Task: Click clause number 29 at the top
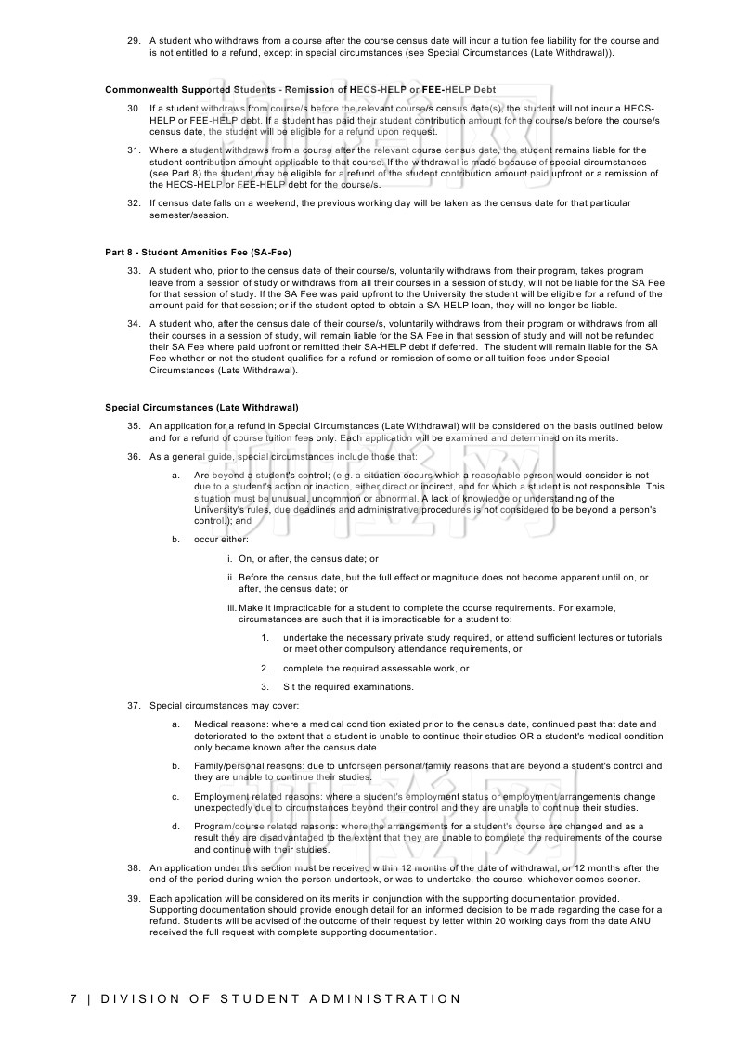[x=133, y=40]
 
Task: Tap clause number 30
[x=133, y=109]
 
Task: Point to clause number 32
[x=133, y=202]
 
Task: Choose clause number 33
[x=133, y=270]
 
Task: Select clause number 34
[x=133, y=323]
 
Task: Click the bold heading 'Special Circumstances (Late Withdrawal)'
[x=201, y=407]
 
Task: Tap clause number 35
[x=133, y=425]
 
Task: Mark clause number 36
[x=133, y=457]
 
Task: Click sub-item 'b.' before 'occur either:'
[x=175, y=539]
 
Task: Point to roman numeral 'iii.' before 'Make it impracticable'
[x=232, y=607]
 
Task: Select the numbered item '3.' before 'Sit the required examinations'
[x=265, y=687]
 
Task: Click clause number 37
[x=133, y=706]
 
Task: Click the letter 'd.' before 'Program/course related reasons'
[x=175, y=826]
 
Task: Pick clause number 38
[x=133, y=867]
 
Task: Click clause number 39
[x=133, y=898]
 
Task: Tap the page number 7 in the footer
[x=73, y=999]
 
